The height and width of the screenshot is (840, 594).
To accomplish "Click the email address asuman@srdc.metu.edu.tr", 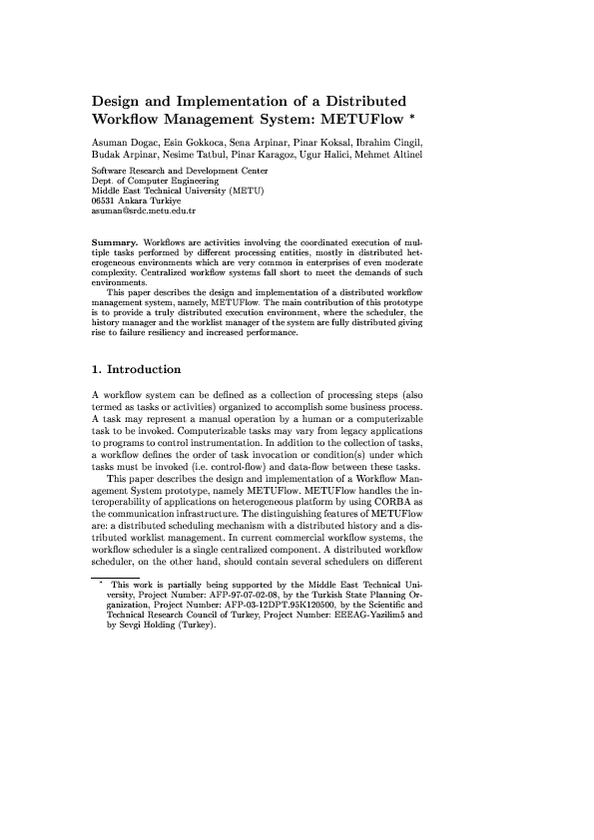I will pyautogui.click(x=143, y=212).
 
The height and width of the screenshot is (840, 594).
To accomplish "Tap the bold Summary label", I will pyautogui.click(x=115, y=242).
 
